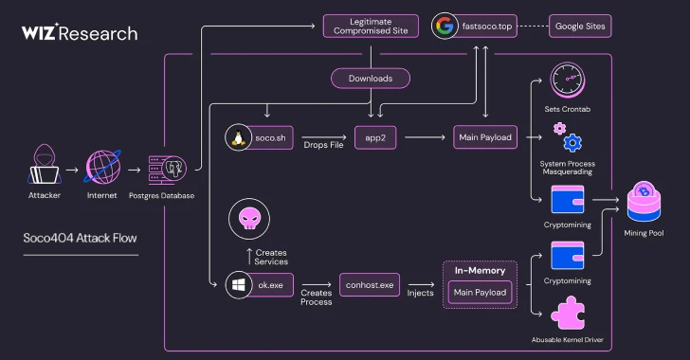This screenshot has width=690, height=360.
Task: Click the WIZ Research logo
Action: (80, 33)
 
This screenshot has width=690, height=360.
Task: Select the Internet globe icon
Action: (102, 168)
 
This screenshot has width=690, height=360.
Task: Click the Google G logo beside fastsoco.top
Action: (444, 26)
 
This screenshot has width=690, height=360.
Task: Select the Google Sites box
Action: (580, 26)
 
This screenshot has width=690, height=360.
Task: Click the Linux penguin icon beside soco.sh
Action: (238, 137)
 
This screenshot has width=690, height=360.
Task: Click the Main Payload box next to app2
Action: (484, 137)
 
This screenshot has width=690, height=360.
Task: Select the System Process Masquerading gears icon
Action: (567, 136)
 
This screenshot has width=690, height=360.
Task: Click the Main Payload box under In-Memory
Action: (479, 293)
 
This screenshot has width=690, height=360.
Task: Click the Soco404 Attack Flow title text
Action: (73, 238)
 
